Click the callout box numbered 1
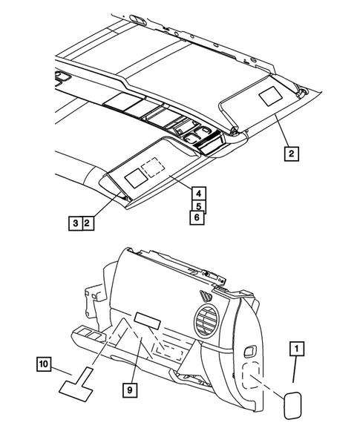(296, 347)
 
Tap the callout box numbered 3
(75, 222)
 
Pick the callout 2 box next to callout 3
(88, 222)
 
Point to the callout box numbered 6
(197, 218)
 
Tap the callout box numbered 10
(45, 364)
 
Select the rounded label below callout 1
(289, 406)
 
